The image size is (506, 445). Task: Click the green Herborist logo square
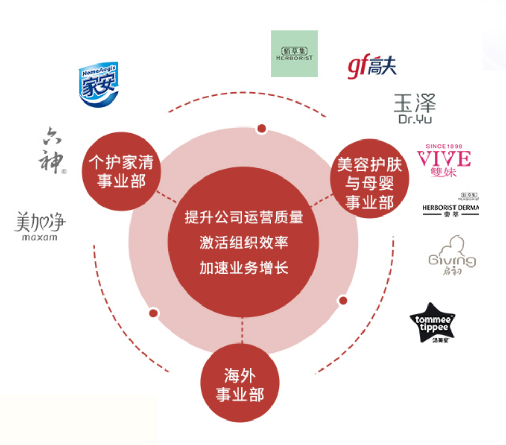click(x=294, y=54)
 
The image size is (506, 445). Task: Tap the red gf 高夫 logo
click(x=372, y=67)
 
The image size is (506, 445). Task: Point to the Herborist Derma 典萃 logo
click(x=451, y=204)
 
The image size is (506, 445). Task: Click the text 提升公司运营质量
click(x=243, y=217)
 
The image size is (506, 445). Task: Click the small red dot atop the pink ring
click(x=262, y=129)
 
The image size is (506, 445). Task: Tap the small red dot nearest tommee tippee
click(x=343, y=300)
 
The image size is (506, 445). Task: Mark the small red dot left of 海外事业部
click(x=153, y=313)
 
